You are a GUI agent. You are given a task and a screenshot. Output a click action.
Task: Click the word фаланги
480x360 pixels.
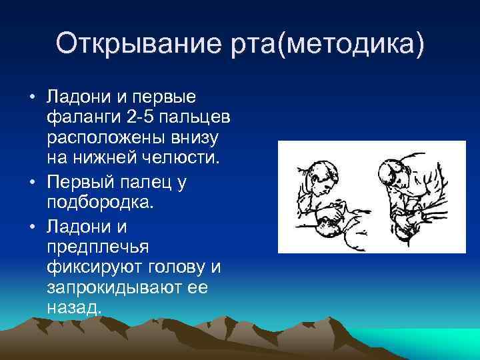click(84, 118)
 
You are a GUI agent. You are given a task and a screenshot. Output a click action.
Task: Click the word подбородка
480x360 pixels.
click(91, 202)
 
